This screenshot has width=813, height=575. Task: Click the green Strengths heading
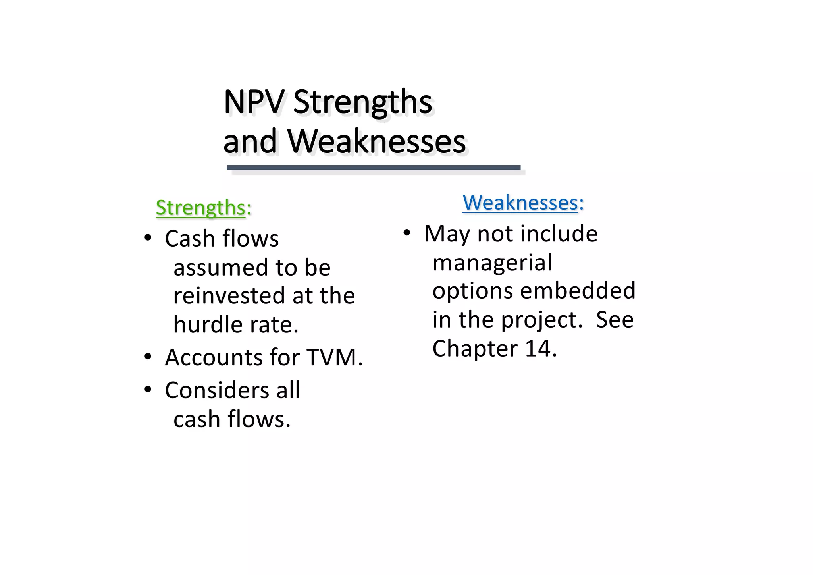click(x=200, y=208)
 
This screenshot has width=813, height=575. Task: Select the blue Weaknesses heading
click(x=520, y=203)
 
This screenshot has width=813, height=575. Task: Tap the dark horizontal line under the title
click(x=373, y=168)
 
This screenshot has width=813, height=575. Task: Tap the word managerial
click(x=492, y=263)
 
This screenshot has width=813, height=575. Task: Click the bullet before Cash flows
click(x=148, y=238)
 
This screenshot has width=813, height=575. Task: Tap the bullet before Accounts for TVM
click(x=148, y=357)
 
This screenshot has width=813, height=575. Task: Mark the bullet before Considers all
click(x=148, y=390)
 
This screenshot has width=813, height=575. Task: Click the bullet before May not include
click(x=406, y=233)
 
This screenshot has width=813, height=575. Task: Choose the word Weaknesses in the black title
click(x=376, y=142)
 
